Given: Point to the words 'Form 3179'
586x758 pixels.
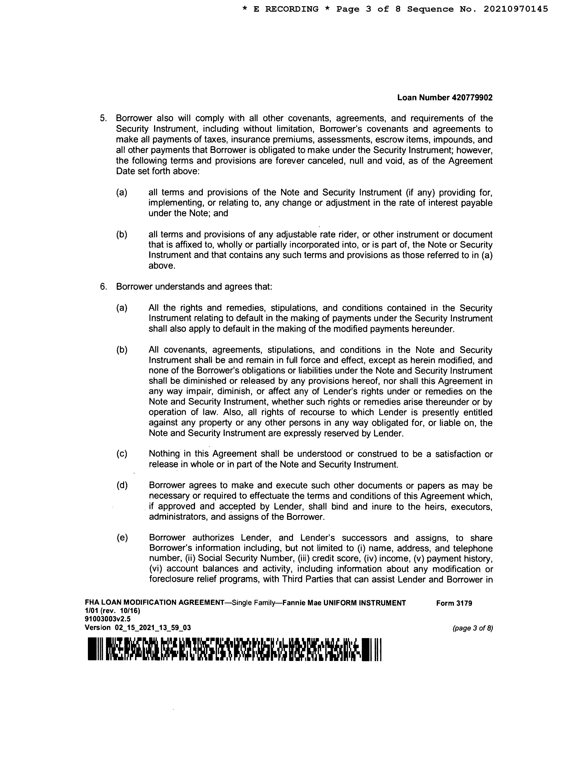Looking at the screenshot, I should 454,603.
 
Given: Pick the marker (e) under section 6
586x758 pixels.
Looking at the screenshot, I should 122,538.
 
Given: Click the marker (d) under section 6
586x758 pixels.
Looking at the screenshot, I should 122,486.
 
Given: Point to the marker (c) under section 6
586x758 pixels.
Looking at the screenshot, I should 122,454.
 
